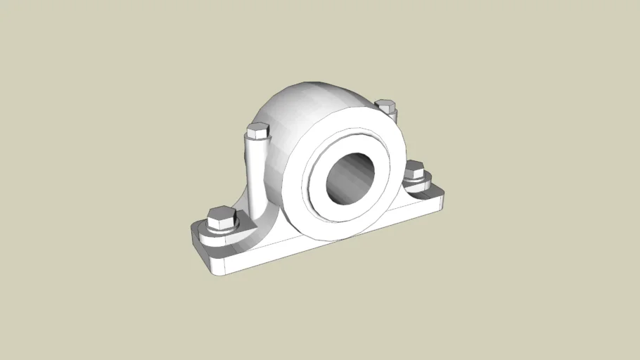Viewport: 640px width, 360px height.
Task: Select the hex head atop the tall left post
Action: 257,130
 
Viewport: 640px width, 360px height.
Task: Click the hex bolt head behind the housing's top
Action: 385,106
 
